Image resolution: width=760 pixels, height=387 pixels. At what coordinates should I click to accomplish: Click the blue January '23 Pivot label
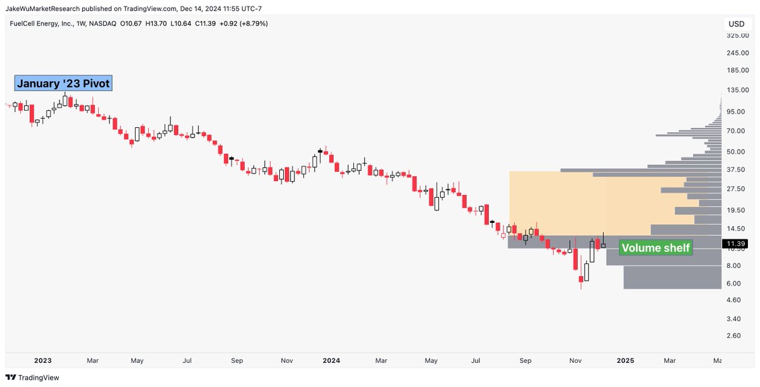coord(63,84)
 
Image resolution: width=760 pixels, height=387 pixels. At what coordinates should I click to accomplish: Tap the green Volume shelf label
coord(655,248)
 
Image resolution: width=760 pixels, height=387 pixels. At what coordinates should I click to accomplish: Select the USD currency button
coord(737,24)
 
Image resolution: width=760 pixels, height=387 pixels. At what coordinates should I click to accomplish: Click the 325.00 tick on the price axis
coord(737,35)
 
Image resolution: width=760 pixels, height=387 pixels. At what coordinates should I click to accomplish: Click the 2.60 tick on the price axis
coord(735,335)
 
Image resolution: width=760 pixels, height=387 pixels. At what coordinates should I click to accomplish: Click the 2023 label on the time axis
coord(42,360)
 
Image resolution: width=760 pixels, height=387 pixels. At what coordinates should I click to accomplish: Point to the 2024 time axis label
coord(331,360)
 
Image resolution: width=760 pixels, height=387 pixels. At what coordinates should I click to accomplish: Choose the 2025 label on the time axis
coord(625,360)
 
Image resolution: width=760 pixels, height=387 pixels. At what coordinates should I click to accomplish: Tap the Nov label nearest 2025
coord(575,360)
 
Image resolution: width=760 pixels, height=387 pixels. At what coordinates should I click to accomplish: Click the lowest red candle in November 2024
coord(581,279)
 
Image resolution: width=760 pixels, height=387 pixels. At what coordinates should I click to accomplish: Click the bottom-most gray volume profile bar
coord(672,277)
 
